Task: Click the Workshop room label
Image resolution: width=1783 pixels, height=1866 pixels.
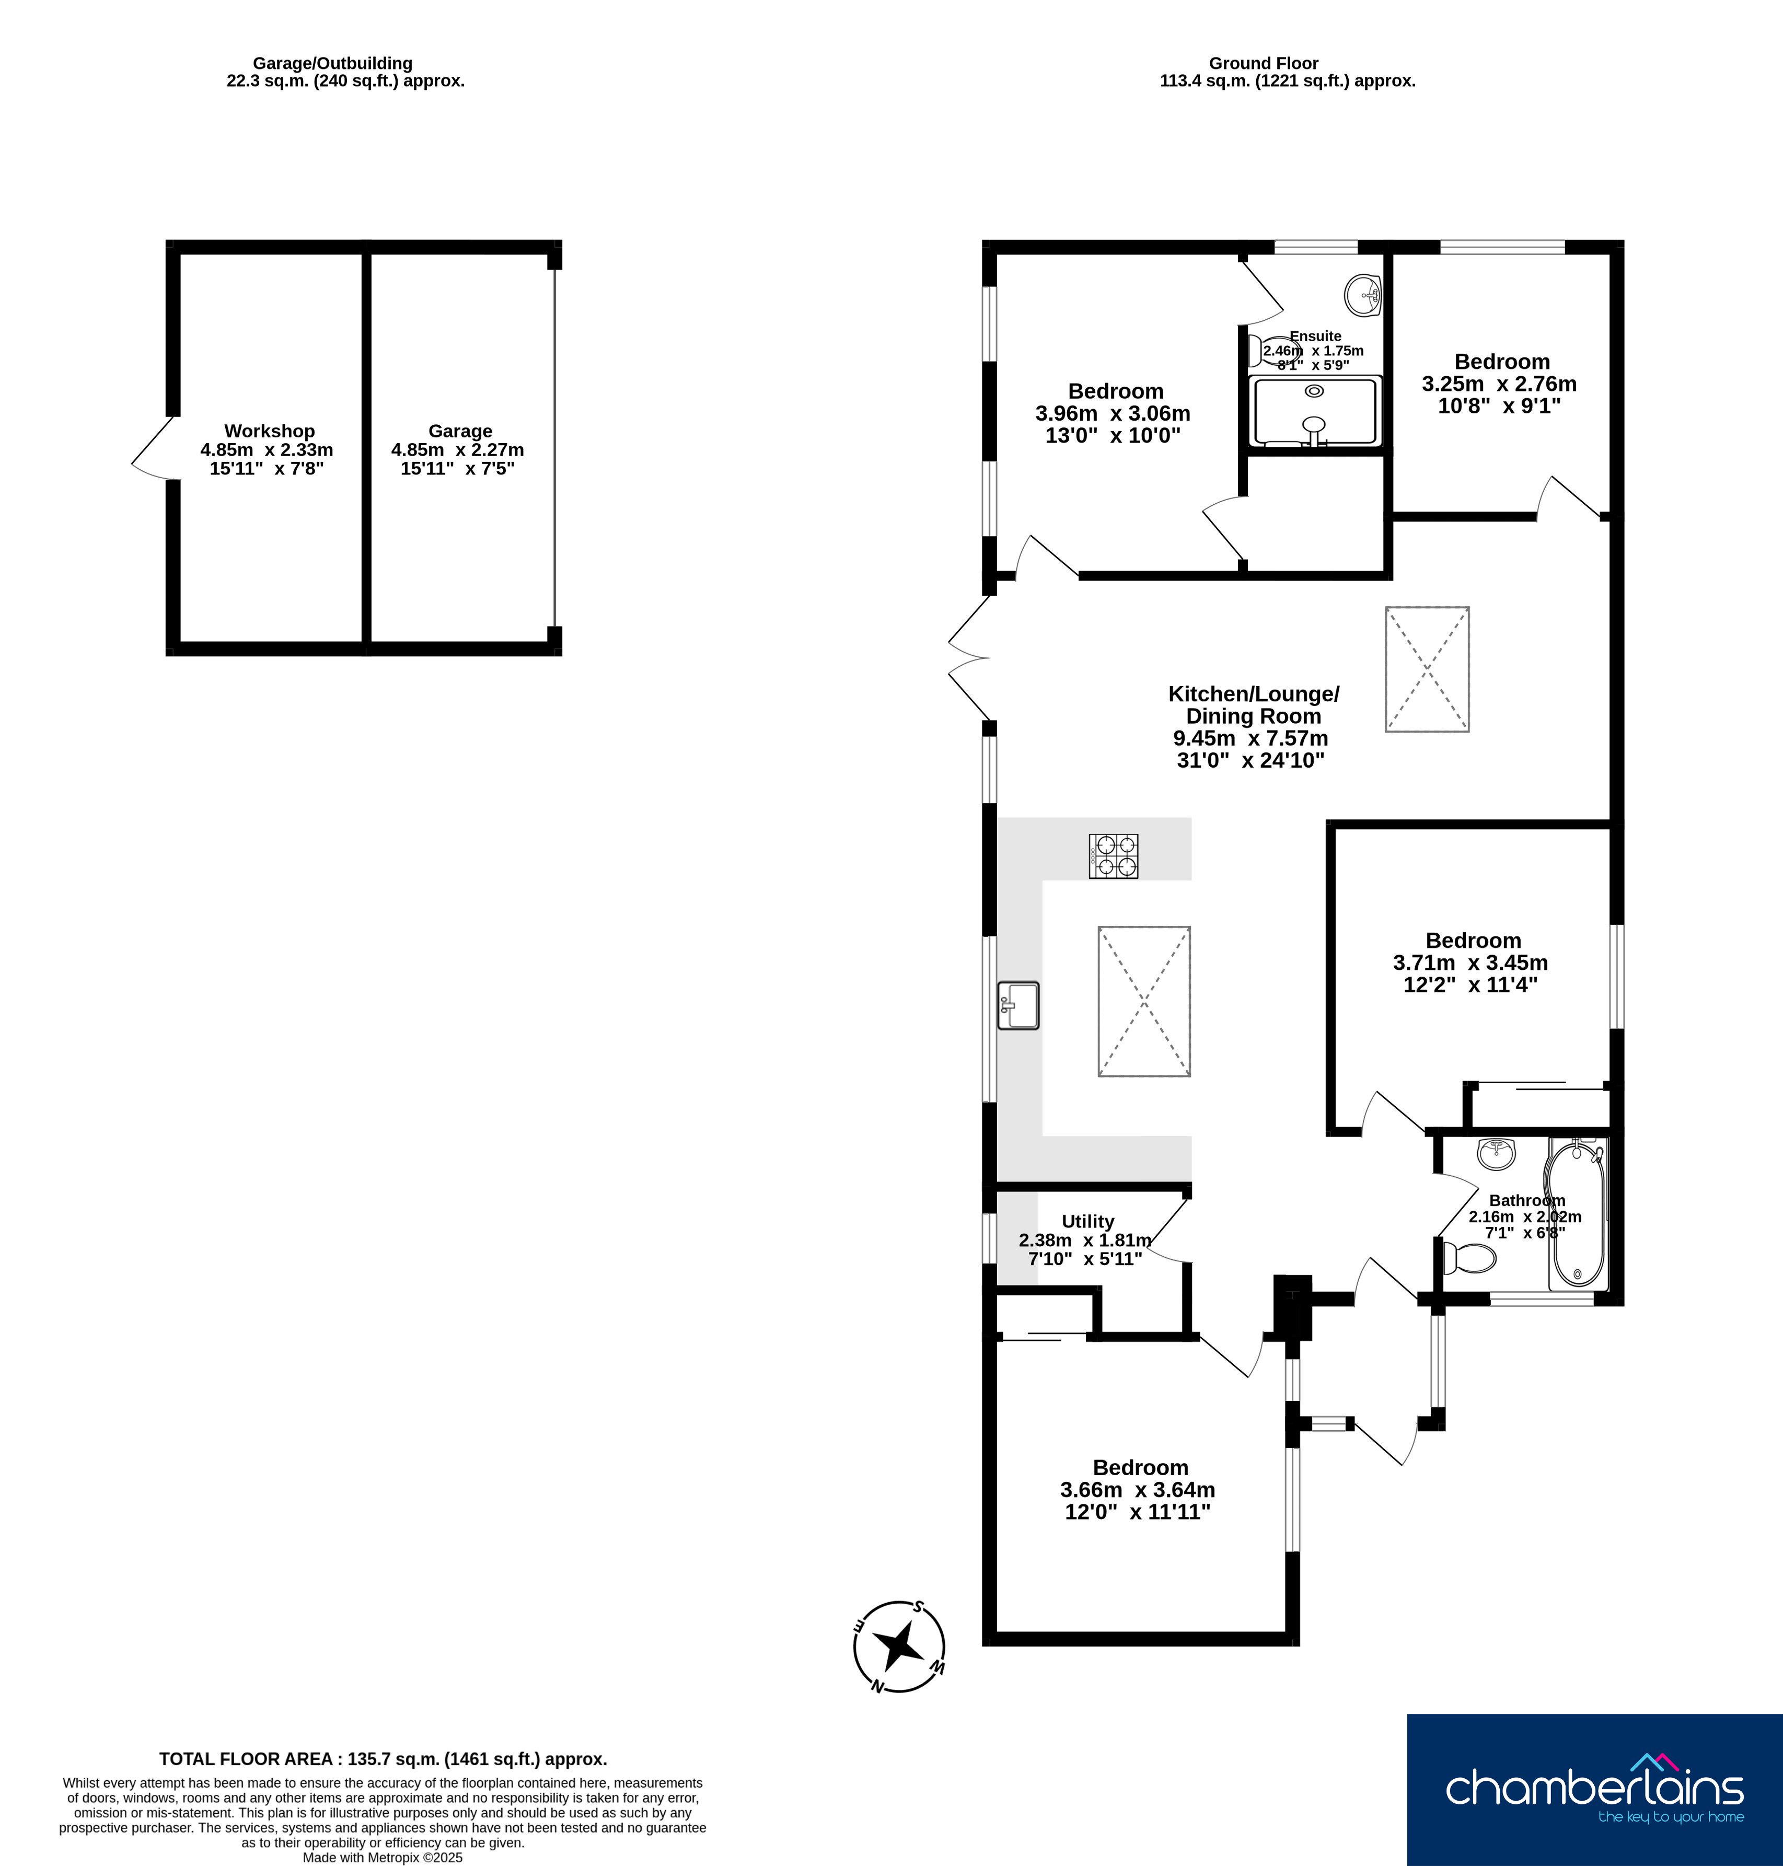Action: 269,432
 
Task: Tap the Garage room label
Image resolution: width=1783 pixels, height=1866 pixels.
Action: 460,432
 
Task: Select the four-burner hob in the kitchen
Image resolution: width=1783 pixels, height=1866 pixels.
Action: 1113,855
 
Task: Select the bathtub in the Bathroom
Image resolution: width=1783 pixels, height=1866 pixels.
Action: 1577,1214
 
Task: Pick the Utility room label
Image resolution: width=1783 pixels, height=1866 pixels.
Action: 1087,1222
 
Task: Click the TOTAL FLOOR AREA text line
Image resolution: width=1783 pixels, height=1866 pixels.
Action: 383,1759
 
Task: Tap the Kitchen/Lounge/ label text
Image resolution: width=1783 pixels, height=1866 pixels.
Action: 1254,694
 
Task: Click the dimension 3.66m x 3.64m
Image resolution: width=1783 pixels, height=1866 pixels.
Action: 1138,1490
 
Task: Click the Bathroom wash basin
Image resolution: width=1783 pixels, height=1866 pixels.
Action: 1497,1154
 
